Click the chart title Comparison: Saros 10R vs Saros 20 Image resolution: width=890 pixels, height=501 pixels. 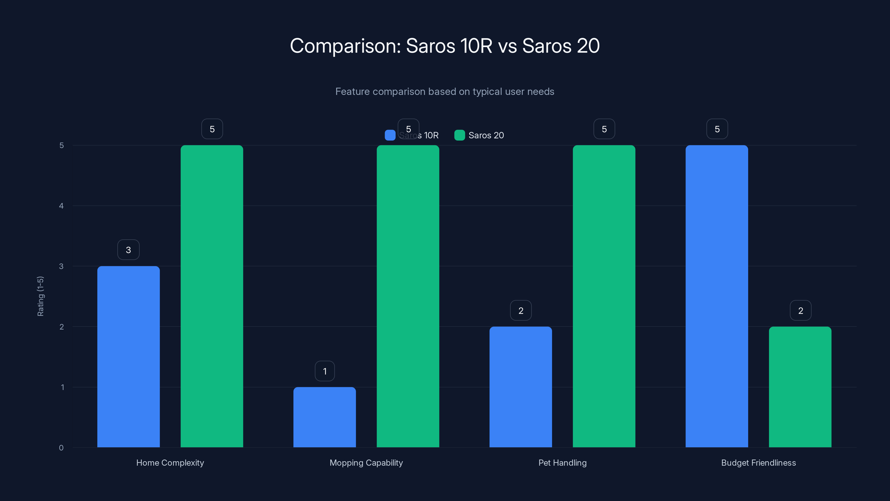(445, 46)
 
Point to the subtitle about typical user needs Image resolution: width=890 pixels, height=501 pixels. (445, 92)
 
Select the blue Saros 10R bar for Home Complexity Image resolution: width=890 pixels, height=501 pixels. (128, 356)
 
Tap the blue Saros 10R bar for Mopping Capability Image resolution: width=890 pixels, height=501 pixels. (324, 417)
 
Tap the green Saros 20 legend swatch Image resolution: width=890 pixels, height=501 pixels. (459, 135)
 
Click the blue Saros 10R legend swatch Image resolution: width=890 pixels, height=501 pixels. (390, 135)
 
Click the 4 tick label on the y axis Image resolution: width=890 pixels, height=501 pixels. (61, 206)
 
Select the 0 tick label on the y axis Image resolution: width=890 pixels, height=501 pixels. (61, 448)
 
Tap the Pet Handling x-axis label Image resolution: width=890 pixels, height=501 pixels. (562, 463)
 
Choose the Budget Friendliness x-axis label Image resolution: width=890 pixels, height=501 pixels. (758, 463)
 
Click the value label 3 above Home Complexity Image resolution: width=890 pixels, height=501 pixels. (128, 250)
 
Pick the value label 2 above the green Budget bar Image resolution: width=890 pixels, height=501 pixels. (800, 311)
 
